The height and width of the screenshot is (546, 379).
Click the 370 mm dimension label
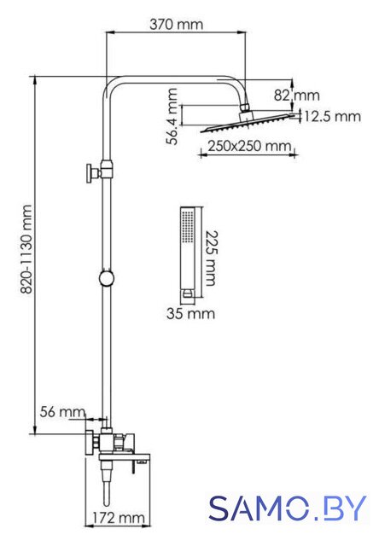click(176, 25)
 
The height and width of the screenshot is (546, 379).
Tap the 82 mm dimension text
click(296, 95)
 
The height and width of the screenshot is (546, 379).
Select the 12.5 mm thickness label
click(333, 116)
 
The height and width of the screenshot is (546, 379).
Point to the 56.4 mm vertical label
click(172, 116)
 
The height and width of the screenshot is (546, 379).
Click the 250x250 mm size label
click(249, 146)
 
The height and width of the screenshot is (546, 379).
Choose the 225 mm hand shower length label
click(209, 258)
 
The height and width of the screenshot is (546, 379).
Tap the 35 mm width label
click(190, 313)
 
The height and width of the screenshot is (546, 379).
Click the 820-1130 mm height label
click(26, 249)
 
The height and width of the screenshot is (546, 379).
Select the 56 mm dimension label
click(62, 412)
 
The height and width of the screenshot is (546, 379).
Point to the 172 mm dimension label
click(119, 518)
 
